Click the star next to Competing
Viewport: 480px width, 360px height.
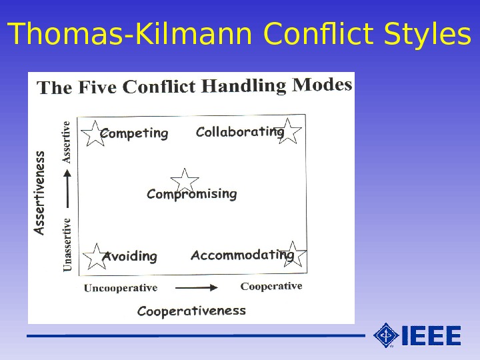94,133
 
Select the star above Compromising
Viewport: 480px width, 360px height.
185,180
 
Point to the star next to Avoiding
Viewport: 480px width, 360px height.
96,257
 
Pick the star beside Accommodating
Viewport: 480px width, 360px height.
293,255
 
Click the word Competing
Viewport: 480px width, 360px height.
135,134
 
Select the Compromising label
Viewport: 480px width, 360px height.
191,194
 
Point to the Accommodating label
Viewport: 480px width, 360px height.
241,255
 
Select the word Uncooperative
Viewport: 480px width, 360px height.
121,288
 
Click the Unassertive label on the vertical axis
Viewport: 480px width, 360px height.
67,245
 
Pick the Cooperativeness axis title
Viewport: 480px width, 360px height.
191,311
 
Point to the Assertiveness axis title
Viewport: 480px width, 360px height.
40,193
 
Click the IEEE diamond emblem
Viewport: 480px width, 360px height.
386,335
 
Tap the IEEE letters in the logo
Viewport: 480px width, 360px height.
431,335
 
